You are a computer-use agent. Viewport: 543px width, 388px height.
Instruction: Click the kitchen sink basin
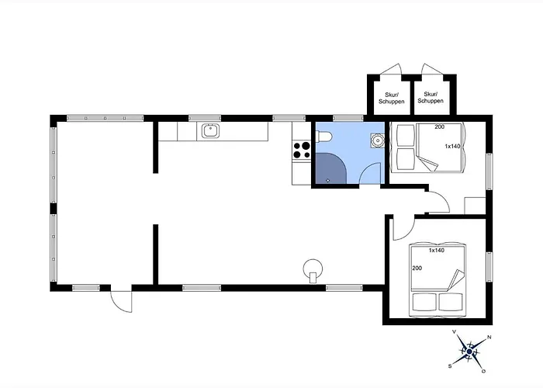(210, 131)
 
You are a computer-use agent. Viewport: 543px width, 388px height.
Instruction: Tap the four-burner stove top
(302, 150)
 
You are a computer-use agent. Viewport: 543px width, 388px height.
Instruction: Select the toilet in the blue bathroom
(323, 137)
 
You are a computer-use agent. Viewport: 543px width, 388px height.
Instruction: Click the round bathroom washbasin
(378, 140)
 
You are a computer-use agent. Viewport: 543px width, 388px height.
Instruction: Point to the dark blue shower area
(330, 168)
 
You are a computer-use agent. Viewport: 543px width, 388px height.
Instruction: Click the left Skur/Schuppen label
(392, 98)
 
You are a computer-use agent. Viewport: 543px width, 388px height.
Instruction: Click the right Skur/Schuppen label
(431, 97)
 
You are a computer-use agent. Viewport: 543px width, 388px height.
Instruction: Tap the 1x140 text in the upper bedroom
(452, 146)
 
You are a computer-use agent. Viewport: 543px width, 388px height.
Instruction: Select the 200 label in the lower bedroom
(417, 268)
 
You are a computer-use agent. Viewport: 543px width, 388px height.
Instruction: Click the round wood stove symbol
(313, 269)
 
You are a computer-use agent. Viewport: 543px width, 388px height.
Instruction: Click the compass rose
(469, 352)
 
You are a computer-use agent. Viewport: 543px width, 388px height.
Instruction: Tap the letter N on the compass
(489, 337)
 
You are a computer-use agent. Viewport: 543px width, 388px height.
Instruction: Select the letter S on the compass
(450, 365)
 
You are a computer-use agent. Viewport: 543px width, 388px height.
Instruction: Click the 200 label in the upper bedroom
(440, 126)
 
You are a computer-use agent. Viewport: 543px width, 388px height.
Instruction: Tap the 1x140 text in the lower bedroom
(436, 250)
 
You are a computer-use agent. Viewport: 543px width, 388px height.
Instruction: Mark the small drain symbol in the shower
(328, 181)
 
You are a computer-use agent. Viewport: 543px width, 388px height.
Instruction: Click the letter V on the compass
(455, 332)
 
